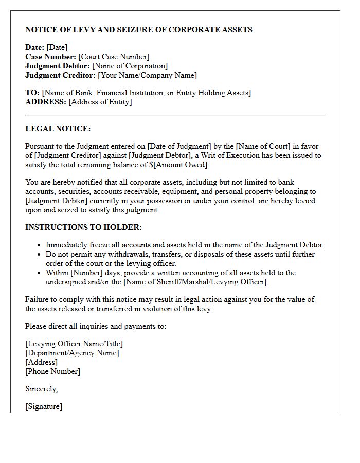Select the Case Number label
(50, 57)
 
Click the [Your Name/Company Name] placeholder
(147, 75)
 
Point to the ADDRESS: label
(46, 102)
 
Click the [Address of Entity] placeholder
(100, 102)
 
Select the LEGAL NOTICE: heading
(58, 129)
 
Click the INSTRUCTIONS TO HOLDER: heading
(83, 227)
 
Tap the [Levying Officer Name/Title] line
(74, 344)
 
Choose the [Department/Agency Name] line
(72, 353)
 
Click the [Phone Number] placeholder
(52, 371)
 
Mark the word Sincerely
(41, 389)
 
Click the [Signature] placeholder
(44, 406)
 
